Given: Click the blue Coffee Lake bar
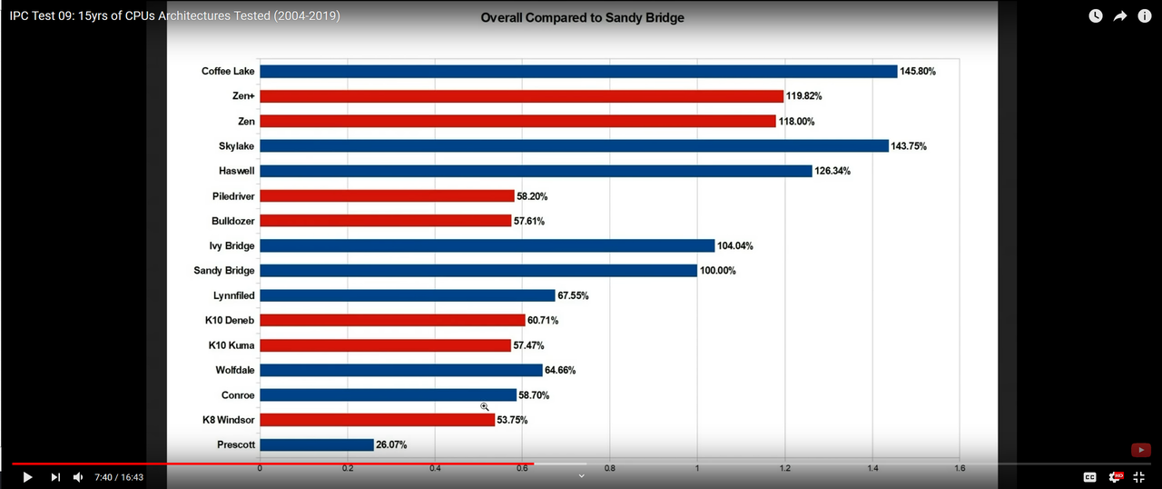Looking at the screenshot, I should tap(578, 71).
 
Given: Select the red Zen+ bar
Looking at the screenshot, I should tap(521, 96).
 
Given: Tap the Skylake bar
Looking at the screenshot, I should tap(574, 145).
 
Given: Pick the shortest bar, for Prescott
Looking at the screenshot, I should tap(317, 444).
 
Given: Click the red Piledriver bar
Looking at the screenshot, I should tap(387, 195).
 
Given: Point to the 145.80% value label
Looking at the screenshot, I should tap(918, 71).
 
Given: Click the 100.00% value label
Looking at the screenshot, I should tap(717, 271).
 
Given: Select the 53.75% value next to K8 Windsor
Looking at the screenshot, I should tap(512, 420).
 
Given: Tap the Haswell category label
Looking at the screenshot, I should tap(237, 171).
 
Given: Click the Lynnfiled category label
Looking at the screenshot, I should tap(234, 295).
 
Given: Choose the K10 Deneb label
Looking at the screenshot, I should tap(230, 320).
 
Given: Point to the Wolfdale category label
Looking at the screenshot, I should tap(235, 370).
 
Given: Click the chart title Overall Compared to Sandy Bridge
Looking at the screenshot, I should tap(582, 17).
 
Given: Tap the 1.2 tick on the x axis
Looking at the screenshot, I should tap(784, 468).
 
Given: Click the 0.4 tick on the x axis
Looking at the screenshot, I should tap(435, 468).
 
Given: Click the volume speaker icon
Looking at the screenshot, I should tap(78, 477).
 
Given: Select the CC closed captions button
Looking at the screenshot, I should tap(1089, 477).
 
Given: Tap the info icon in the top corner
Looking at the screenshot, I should tap(1145, 15).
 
